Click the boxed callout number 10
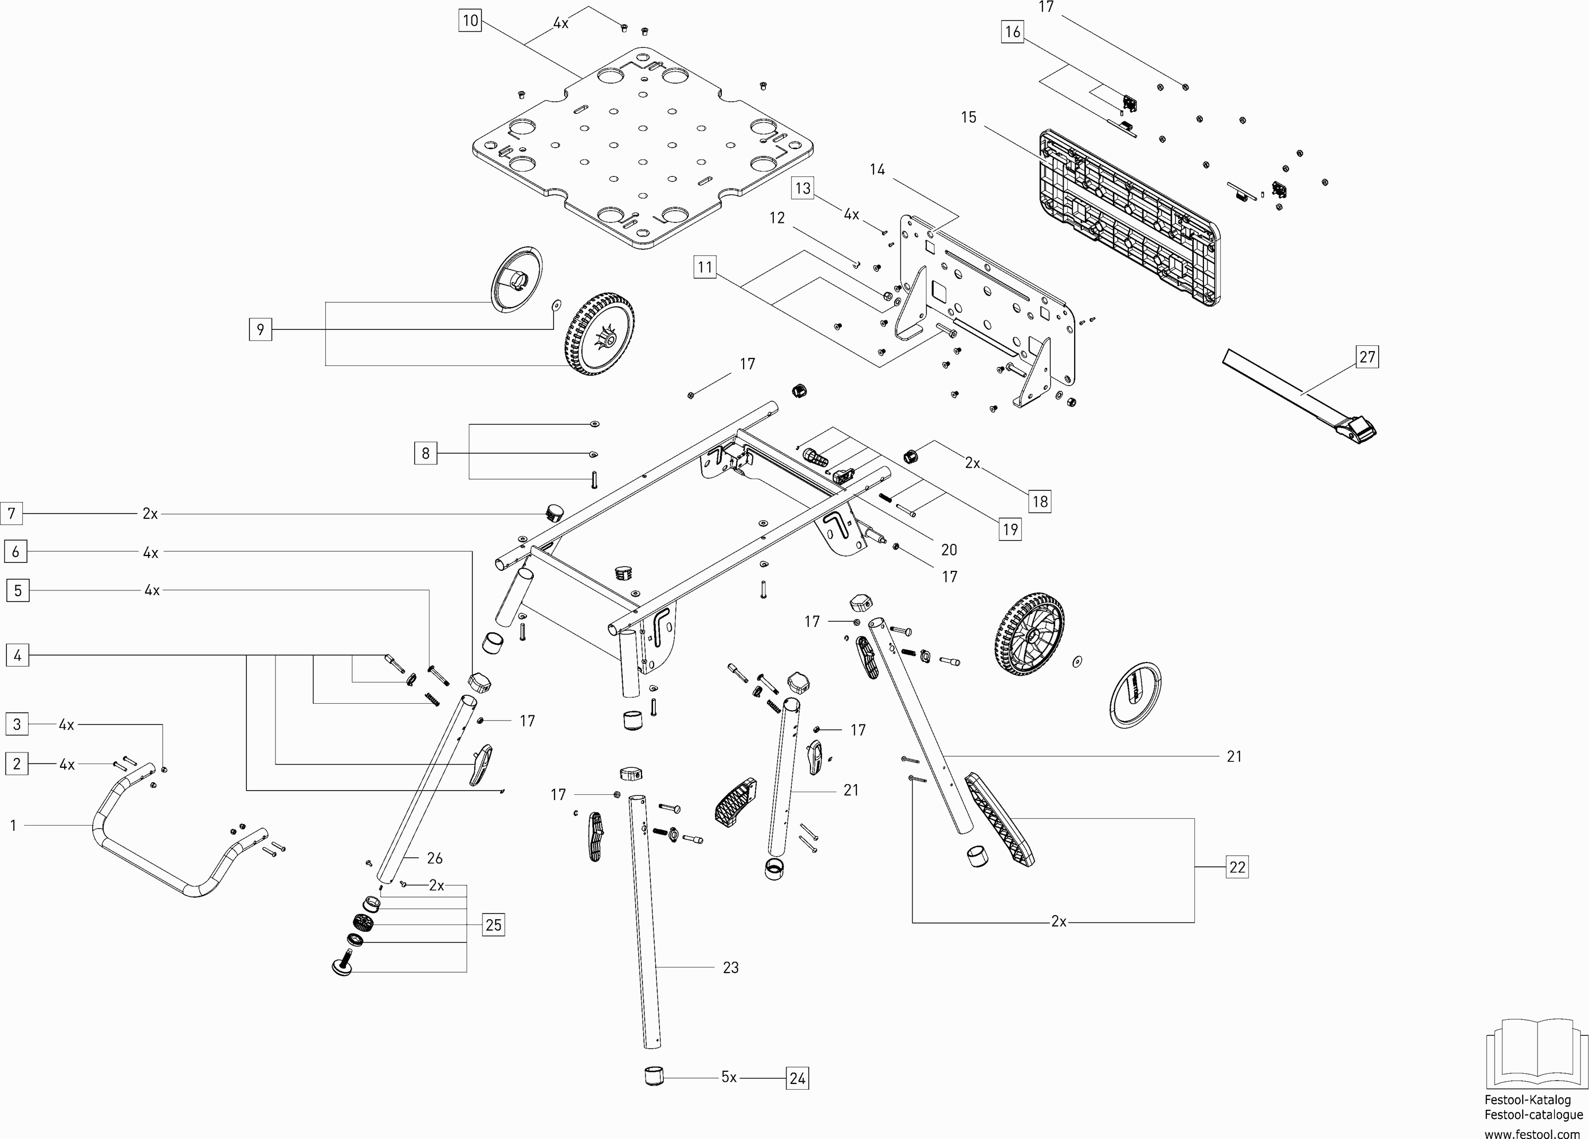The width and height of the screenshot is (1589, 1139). click(470, 20)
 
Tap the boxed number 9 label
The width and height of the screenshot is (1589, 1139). click(261, 329)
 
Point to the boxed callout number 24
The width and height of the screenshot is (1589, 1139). click(797, 1078)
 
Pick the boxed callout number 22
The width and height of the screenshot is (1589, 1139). click(1237, 867)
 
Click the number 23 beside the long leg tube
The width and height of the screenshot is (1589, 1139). click(731, 967)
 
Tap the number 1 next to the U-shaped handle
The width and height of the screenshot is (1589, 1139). click(13, 826)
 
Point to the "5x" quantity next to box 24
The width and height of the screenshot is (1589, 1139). click(729, 1078)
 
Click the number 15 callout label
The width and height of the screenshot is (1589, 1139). click(968, 118)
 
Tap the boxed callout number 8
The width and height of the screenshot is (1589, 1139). click(425, 453)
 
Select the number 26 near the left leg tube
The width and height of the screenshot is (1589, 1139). click(434, 858)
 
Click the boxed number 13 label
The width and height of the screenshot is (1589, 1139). click(803, 188)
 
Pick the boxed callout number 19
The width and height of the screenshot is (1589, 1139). click(1010, 529)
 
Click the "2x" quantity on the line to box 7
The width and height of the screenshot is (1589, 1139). click(150, 514)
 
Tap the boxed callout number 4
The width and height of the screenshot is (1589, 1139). click(17, 656)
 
